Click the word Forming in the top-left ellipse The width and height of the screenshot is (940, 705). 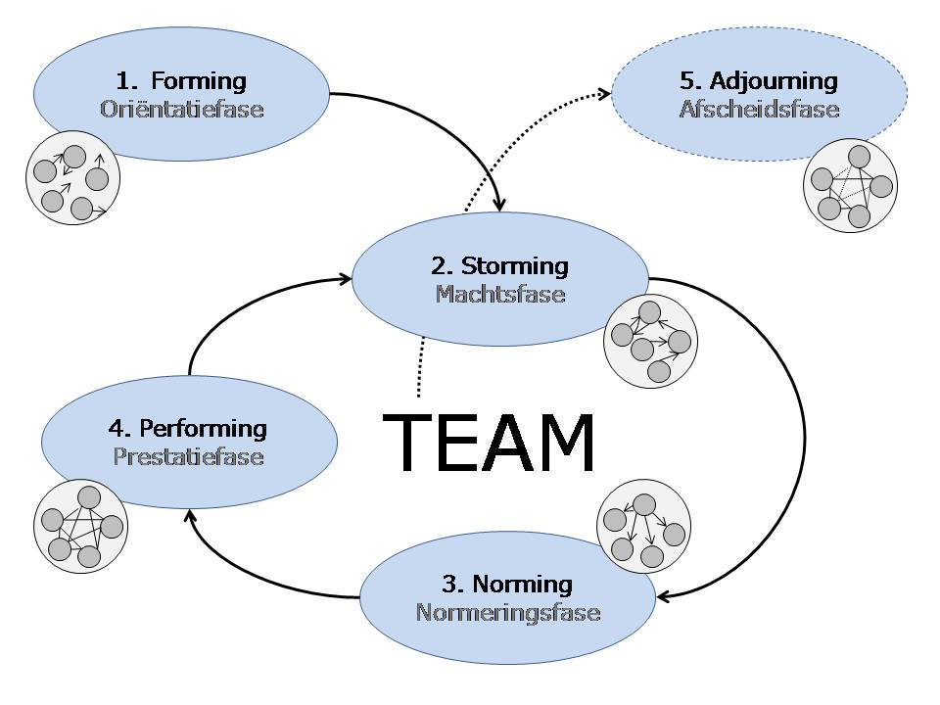tap(199, 80)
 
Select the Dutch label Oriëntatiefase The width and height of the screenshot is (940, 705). tap(182, 109)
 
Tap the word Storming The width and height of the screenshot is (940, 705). tap(514, 265)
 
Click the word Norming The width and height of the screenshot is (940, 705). tap(522, 585)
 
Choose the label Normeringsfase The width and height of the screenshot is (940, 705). tap(508, 613)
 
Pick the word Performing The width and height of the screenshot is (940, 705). tap(203, 428)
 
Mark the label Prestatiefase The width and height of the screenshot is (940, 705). tap(189, 456)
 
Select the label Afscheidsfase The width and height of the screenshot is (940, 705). tap(760, 109)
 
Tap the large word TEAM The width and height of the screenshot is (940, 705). tap(489, 443)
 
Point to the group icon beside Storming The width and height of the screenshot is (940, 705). tap(650, 340)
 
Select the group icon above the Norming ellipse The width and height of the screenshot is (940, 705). tap(642, 526)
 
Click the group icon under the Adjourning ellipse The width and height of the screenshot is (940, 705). tap(849, 184)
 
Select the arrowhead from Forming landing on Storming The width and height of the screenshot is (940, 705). tap(499, 205)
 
